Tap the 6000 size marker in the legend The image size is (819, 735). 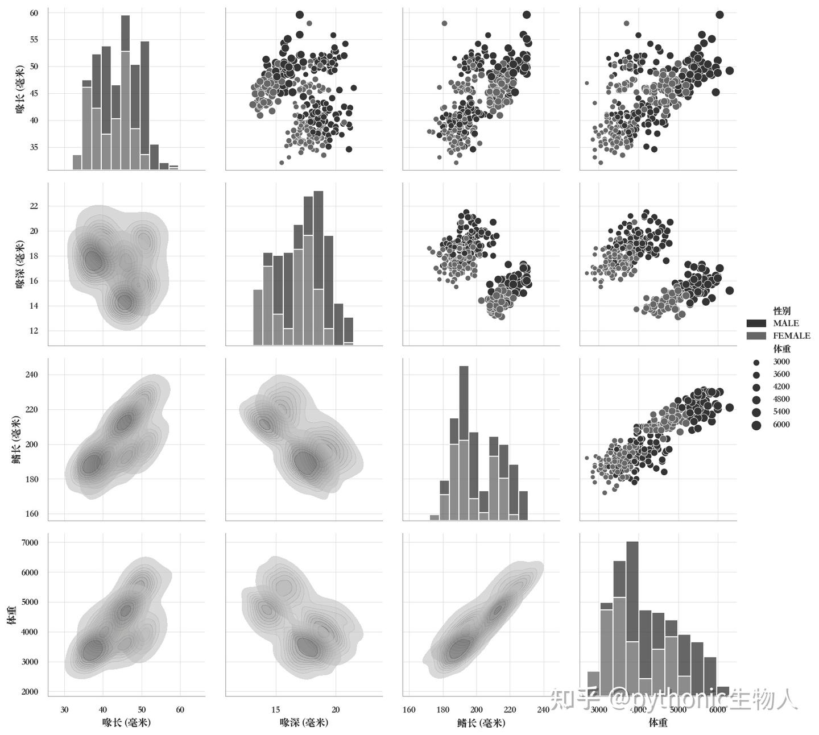pyautogui.click(x=756, y=425)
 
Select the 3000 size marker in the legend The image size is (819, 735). pyautogui.click(x=756, y=362)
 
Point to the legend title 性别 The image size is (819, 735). pyautogui.click(x=781, y=311)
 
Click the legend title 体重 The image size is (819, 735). pyautogui.click(x=781, y=349)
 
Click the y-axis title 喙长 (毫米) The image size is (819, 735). pyautogui.click(x=20, y=89)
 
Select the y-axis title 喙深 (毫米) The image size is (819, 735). pyautogui.click(x=20, y=264)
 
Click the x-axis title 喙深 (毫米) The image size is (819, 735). pyautogui.click(x=304, y=722)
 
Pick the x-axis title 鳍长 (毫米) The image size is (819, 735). pyautogui.click(x=481, y=722)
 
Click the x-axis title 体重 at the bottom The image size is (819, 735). pyautogui.click(x=658, y=722)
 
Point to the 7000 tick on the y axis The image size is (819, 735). pyautogui.click(x=30, y=543)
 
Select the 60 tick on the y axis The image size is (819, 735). pyautogui.click(x=34, y=13)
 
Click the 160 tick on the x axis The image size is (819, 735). pyautogui.click(x=409, y=709)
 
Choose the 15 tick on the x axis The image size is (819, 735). pyautogui.click(x=276, y=709)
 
